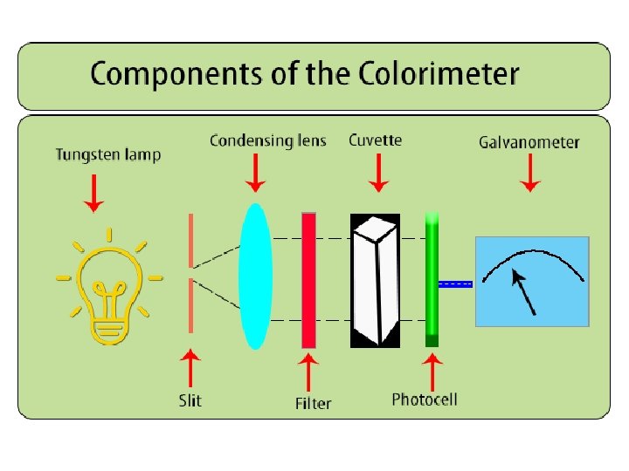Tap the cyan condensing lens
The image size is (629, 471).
255,276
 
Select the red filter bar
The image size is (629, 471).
308,280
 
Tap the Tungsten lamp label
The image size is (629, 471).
108,155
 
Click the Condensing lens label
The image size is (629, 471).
267,141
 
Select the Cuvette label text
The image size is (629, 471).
376,140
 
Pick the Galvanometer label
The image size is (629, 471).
529,142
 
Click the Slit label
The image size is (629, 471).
190,400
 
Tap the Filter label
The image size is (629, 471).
313,404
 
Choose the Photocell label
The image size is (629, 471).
425,399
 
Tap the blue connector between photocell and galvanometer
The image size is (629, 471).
455,283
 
